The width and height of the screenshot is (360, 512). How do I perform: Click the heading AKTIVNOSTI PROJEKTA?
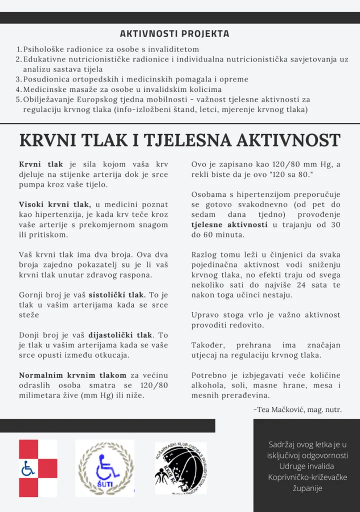(174, 34)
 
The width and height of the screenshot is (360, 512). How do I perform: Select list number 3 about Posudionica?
(19, 79)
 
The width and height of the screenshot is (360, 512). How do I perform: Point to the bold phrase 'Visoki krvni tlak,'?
(55, 204)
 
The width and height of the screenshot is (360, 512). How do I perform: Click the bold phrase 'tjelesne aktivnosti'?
(229, 224)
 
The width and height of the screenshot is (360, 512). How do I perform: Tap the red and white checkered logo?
(38, 468)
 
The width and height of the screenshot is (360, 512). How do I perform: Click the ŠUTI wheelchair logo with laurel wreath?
(104, 468)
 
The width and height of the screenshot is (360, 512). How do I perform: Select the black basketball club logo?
(180, 468)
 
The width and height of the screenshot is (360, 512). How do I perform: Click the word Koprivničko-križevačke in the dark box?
(307, 477)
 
